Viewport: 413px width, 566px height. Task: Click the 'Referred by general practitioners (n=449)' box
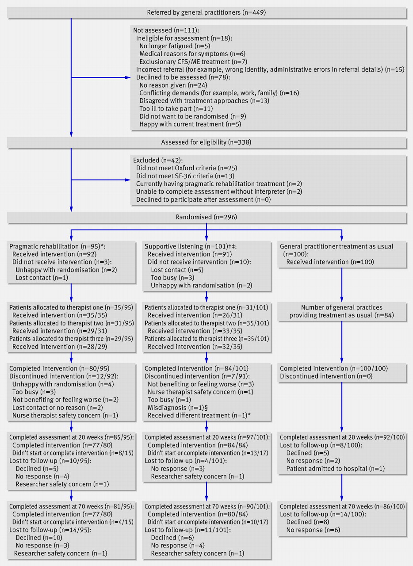pos(206,12)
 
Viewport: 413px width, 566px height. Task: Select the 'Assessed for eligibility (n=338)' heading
pos(206,142)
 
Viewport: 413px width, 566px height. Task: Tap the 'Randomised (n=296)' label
pos(206,217)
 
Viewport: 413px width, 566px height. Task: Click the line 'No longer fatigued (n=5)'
pos(175,46)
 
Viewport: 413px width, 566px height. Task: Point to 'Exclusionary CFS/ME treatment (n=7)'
pos(193,61)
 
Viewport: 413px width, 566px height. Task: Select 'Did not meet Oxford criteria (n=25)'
pos(187,168)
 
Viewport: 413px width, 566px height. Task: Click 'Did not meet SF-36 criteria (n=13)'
pos(185,176)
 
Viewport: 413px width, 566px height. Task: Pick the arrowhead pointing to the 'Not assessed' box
pos(128,77)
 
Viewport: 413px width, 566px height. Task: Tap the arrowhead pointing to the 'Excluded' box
pos(128,180)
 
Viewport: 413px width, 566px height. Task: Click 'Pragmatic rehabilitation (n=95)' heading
pos(57,246)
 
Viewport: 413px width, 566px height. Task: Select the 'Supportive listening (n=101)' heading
pos(191,246)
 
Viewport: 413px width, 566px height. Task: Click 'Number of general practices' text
pos(341,307)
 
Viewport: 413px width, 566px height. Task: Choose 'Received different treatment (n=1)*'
pos(199,415)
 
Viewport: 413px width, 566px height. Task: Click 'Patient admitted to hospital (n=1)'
pos(336,469)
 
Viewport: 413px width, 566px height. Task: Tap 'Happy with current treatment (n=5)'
pos(190,124)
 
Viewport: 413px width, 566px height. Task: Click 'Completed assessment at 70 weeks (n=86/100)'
pos(342,506)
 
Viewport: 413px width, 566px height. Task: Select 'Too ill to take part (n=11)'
pos(176,109)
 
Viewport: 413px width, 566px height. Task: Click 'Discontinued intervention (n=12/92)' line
pos(64,376)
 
